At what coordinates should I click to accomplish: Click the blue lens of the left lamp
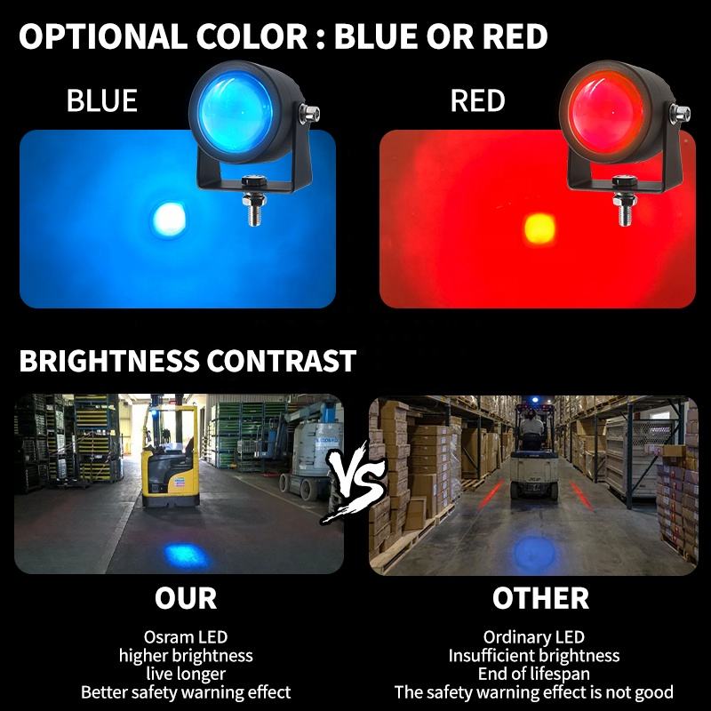236,112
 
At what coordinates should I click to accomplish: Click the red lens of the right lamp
605,112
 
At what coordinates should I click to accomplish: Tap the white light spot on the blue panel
169,220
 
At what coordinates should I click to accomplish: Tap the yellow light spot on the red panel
539,228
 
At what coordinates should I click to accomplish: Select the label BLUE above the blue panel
101,100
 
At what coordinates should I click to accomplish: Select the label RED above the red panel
477,100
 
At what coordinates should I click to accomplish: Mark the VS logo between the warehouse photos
356,483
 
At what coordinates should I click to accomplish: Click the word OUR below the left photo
186,598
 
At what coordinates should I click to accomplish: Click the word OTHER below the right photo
540,598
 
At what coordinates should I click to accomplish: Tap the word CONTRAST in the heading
281,361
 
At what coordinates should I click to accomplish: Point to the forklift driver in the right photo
531,427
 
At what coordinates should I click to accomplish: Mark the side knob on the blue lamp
309,114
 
